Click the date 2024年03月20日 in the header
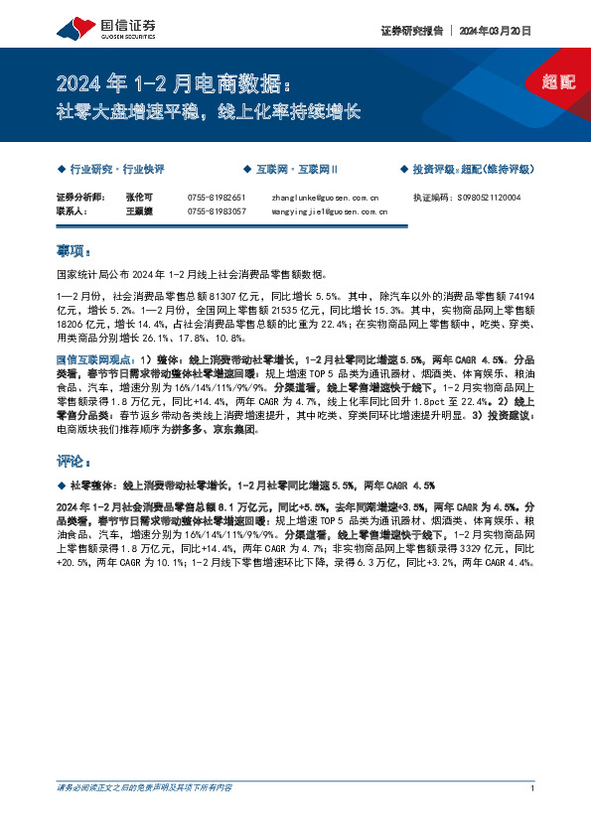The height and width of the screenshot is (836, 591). click(496, 31)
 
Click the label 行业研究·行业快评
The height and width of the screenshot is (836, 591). click(114, 170)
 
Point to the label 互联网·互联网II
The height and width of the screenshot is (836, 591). click(295, 170)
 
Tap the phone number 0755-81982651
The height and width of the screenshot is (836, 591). click(216, 198)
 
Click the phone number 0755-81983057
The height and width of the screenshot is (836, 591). click(216, 211)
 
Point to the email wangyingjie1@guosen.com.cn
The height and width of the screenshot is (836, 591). click(328, 211)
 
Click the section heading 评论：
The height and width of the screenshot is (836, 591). click(74, 462)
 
